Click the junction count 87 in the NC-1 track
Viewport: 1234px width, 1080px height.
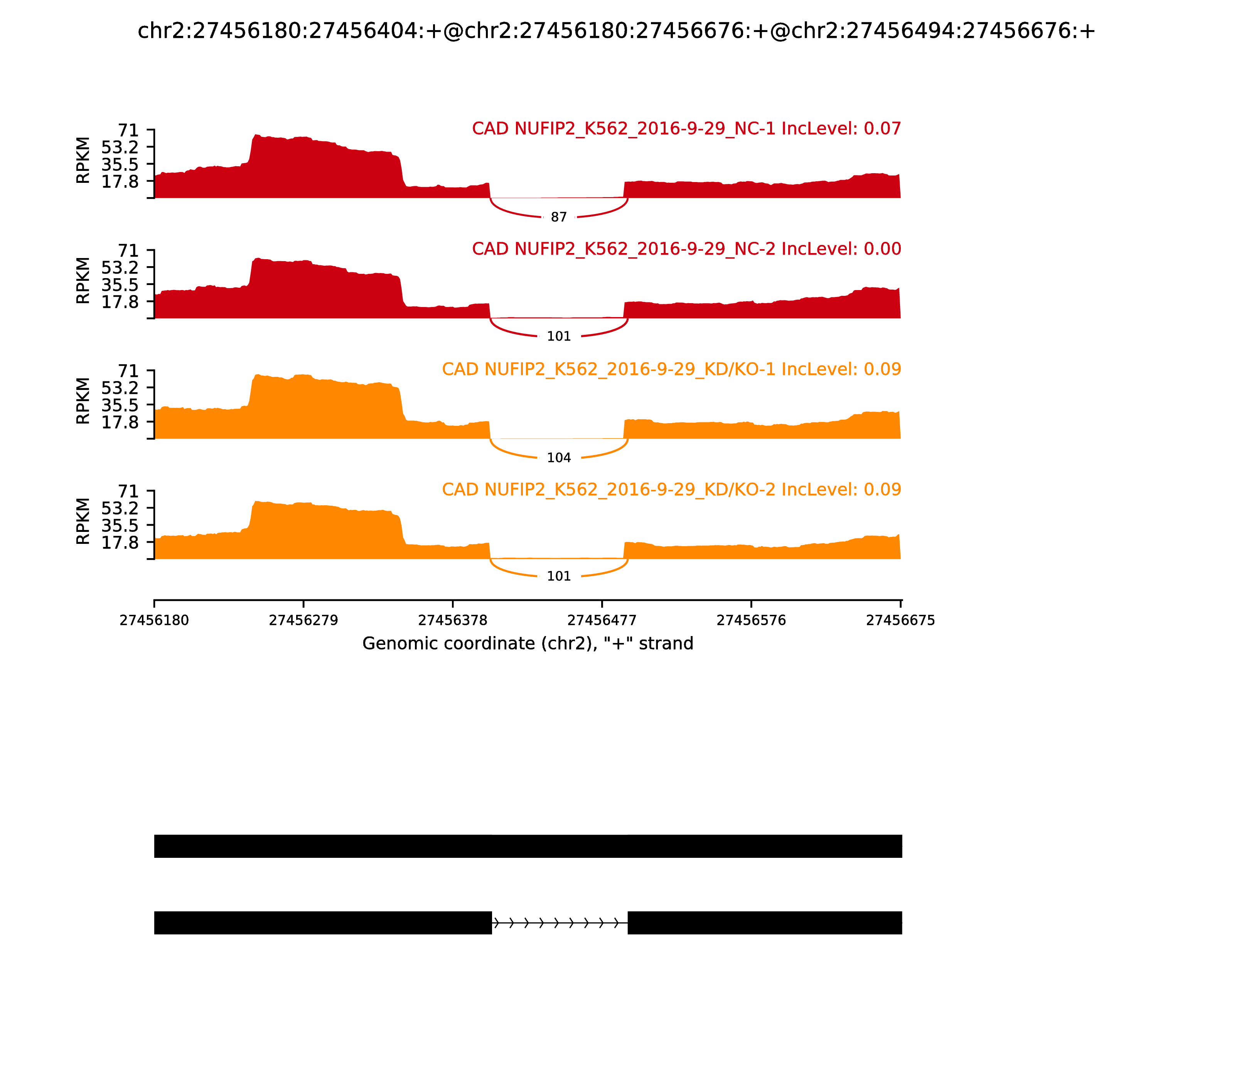pyautogui.click(x=558, y=217)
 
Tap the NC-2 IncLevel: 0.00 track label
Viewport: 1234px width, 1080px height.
pyautogui.click(x=686, y=249)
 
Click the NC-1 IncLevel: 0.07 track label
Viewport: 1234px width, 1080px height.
pyautogui.click(x=686, y=128)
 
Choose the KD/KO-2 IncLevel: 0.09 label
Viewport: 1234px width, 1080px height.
pyautogui.click(x=671, y=489)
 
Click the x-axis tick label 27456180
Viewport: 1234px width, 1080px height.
pyautogui.click(x=154, y=621)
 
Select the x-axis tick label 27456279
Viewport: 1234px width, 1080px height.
pyautogui.click(x=304, y=621)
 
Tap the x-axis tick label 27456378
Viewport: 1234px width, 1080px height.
pyautogui.click(x=452, y=621)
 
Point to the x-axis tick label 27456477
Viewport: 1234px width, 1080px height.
pyautogui.click(x=602, y=621)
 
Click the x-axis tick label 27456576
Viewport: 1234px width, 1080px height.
pyautogui.click(x=751, y=621)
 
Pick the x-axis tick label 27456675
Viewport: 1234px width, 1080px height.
pyautogui.click(x=900, y=621)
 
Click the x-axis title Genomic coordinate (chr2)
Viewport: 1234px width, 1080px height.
pyautogui.click(x=528, y=644)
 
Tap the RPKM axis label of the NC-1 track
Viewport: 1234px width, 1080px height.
pyautogui.click(x=83, y=160)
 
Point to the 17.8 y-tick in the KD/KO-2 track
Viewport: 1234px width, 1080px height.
pyautogui.click(x=120, y=542)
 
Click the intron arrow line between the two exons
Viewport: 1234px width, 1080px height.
pyautogui.click(x=559, y=923)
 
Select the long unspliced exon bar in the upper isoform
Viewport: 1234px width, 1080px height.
pyautogui.click(x=528, y=846)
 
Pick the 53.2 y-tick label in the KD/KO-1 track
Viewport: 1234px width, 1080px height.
pyautogui.click(x=120, y=388)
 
